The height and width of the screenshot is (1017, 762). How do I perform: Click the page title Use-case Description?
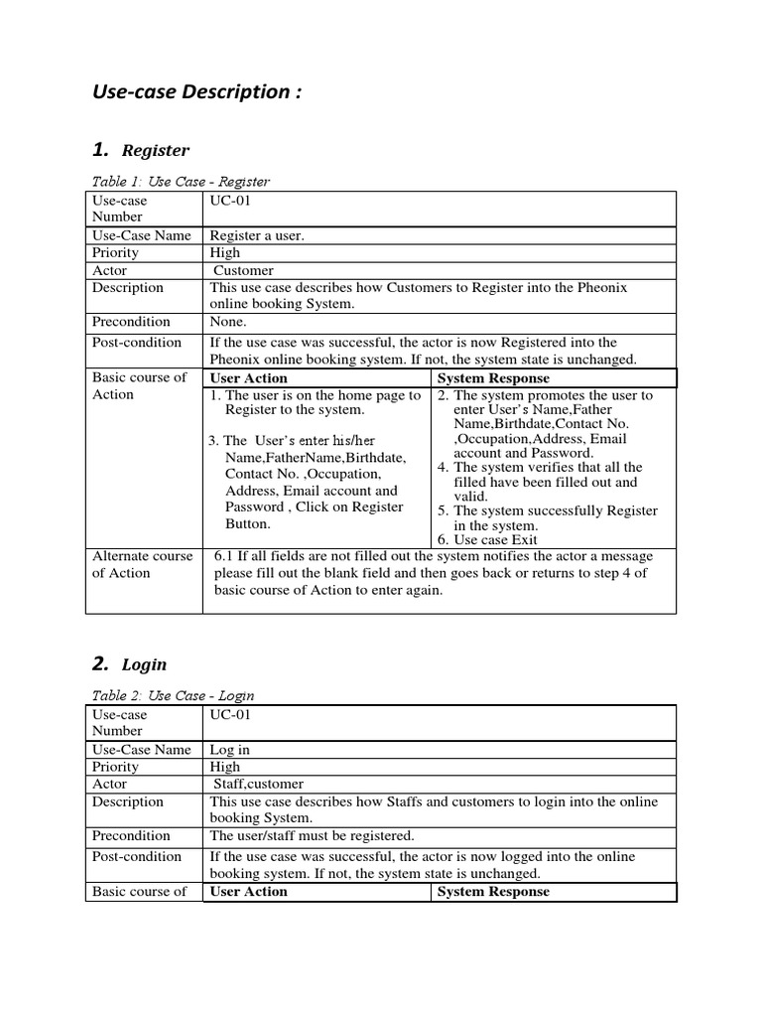196,92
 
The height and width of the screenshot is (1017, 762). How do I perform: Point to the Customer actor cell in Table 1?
244,270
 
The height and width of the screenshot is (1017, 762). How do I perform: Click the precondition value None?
229,322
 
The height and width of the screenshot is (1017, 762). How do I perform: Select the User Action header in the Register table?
249,378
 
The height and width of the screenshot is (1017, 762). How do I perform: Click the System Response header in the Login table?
493,892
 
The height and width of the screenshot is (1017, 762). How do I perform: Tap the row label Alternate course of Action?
142,564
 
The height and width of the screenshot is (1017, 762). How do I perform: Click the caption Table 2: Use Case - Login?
173,696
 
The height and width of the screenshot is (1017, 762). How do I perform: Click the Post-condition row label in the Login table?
137,856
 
